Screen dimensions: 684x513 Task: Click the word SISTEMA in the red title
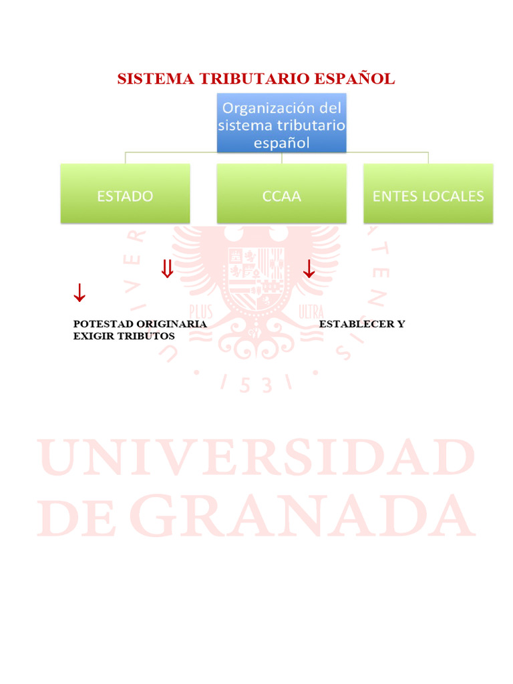tap(146, 79)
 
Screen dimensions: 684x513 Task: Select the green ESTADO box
tap(125, 196)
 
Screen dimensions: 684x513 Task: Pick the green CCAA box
tap(281, 196)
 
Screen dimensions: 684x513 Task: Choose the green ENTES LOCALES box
tap(428, 196)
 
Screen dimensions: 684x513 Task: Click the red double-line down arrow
tap(167, 269)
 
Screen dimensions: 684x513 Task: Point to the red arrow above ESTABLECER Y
tap(309, 269)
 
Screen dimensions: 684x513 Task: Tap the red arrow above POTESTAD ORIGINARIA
tap(79, 292)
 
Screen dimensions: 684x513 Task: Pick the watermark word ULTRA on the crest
tap(311, 311)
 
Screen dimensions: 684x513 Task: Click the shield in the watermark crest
tap(256, 274)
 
